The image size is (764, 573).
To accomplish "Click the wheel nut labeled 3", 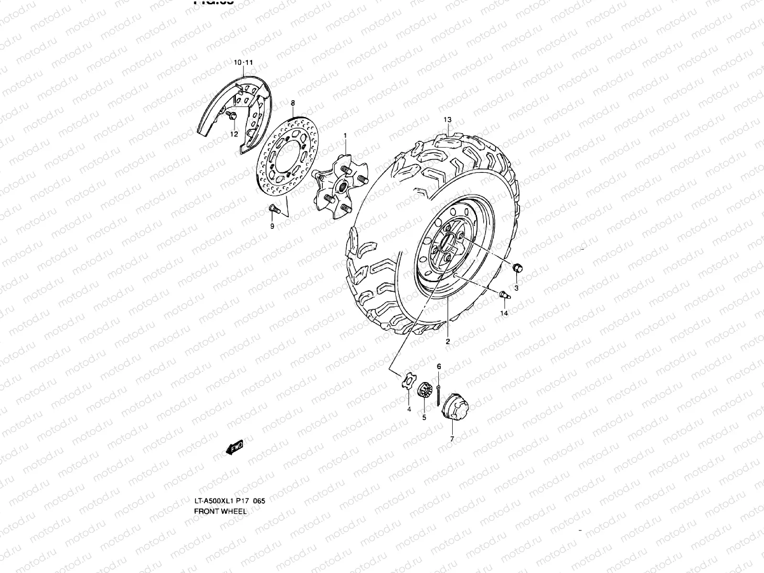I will (x=517, y=269).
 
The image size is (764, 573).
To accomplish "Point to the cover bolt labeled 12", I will (x=233, y=116).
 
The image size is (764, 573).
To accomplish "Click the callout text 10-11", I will (x=243, y=63).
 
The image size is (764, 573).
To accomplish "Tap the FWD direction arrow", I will (x=234, y=448).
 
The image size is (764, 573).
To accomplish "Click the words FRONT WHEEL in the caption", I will (x=220, y=511).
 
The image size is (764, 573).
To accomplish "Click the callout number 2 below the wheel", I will (x=447, y=341).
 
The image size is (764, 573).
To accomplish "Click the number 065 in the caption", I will (x=259, y=501).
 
